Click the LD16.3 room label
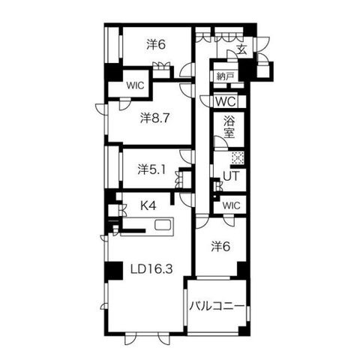[x=151, y=269]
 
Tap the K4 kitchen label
[x=148, y=205]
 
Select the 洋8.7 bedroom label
[x=155, y=118]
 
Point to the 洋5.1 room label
[x=151, y=170]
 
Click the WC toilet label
[x=226, y=102]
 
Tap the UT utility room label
[x=231, y=176]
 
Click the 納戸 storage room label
[x=224, y=76]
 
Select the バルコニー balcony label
[x=217, y=306]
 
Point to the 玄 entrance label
[x=241, y=49]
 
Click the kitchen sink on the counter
[x=163, y=225]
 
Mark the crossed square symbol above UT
[x=238, y=158]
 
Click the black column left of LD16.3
[x=114, y=271]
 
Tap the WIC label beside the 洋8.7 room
[x=135, y=85]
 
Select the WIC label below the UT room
[x=231, y=205]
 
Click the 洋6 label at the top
[x=156, y=45]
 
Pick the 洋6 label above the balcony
[x=220, y=247]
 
